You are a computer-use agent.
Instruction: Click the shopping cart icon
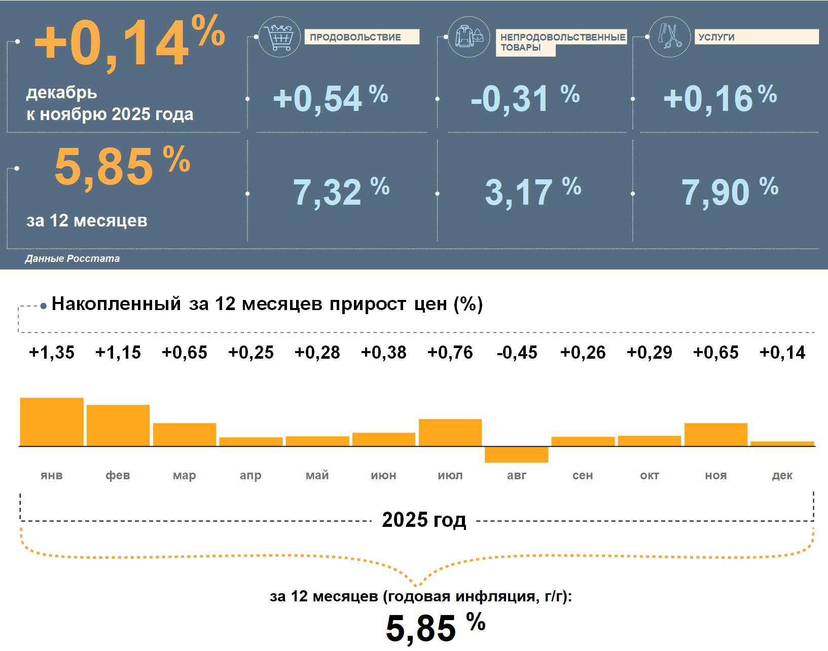pos(279,37)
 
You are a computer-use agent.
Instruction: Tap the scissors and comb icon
pos(669,36)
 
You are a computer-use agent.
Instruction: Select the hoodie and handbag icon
pos(469,37)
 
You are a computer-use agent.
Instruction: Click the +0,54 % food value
pos(330,98)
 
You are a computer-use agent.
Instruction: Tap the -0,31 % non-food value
pos(524,98)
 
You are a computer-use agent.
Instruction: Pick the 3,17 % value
pos(532,192)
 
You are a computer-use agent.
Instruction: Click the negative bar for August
pos(516,454)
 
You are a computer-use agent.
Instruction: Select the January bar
pos(52,422)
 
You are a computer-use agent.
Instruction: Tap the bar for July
pos(450,433)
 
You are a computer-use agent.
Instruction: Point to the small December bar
pos(782,444)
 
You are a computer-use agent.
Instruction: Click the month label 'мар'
pos(184,475)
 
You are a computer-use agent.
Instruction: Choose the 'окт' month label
pos(650,475)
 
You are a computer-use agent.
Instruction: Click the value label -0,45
pos(517,353)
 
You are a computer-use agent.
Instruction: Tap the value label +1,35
pos(52,353)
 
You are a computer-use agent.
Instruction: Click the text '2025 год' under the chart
pos(424,520)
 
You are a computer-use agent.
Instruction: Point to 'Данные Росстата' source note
pos(73,258)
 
